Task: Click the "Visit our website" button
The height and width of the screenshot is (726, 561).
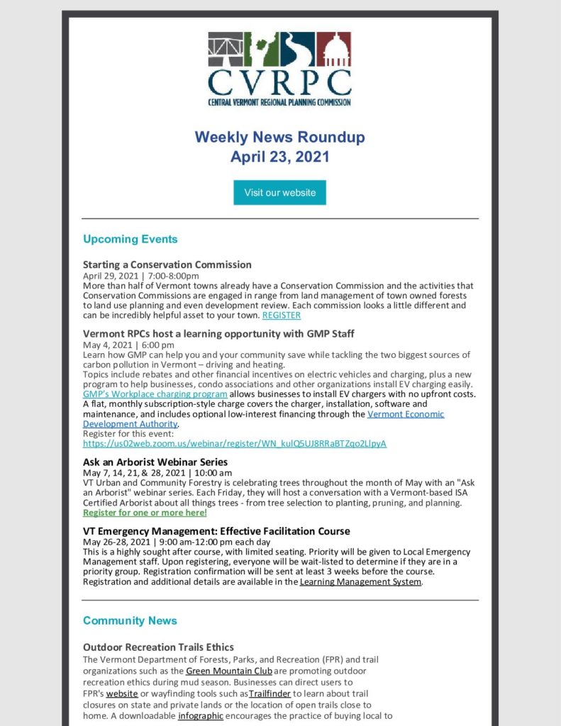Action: coord(279,193)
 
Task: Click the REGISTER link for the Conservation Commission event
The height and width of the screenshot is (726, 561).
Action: coord(282,315)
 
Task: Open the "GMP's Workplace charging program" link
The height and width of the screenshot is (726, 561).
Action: coord(155,393)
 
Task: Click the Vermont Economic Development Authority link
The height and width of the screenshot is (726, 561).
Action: coord(406,414)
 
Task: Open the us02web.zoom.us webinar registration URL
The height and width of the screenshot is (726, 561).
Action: coord(235,444)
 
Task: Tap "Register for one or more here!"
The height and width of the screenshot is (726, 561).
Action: coord(145,512)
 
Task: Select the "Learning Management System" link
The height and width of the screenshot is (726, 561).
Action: coord(361,581)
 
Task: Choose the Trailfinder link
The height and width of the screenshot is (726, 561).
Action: coord(270,693)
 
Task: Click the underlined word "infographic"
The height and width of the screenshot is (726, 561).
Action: coord(201,715)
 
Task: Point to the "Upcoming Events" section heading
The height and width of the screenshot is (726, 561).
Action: coord(130,239)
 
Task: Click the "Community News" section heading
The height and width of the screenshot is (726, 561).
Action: coord(130,620)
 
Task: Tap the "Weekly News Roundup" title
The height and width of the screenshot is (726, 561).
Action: coord(279,137)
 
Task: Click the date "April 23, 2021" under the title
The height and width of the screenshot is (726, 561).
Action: coord(279,157)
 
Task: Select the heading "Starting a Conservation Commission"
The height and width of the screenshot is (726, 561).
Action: coord(167,265)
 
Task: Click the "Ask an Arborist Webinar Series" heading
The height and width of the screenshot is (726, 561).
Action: coord(155,462)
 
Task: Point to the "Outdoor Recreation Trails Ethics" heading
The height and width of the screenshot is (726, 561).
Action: coord(158,647)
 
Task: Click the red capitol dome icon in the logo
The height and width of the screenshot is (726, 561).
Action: coord(334,48)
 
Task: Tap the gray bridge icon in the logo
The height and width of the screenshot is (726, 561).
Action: coord(225,48)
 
